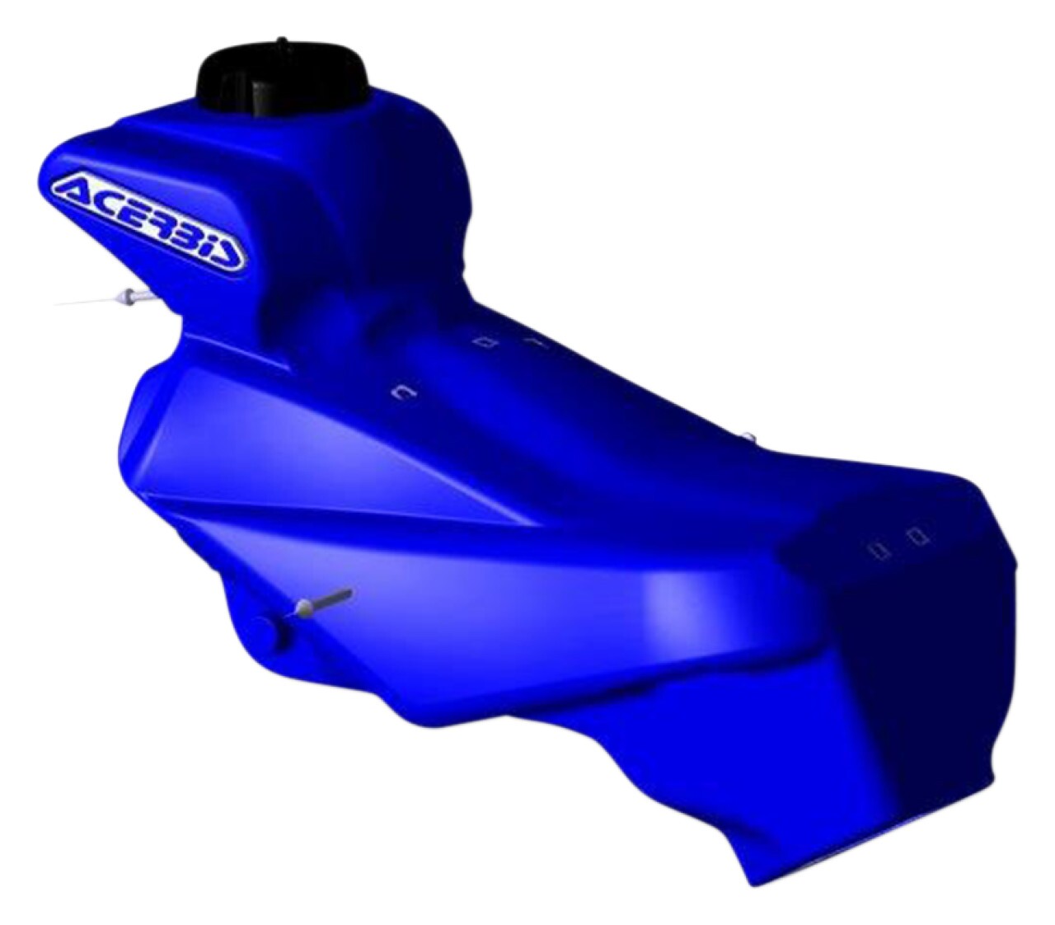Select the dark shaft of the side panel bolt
[x=333, y=596]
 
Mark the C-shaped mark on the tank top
[x=404, y=393]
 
